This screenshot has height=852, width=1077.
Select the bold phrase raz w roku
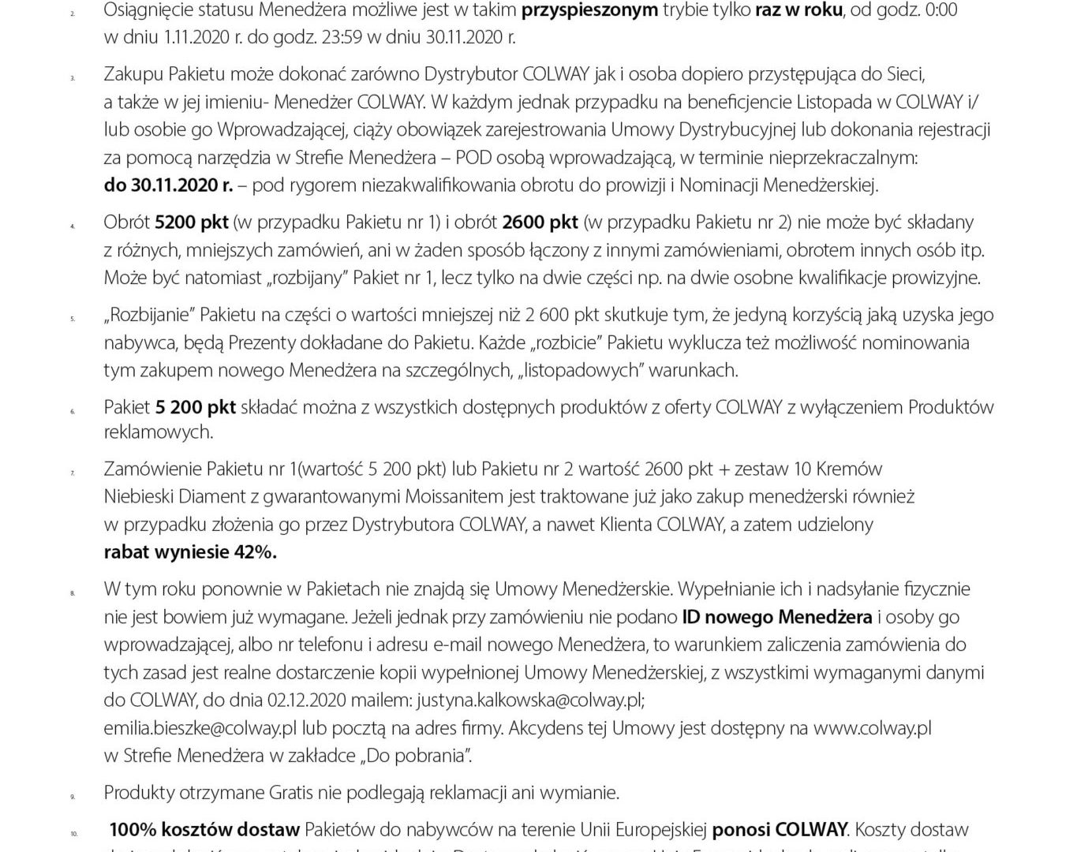(798, 10)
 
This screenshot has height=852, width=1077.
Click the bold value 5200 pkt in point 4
(192, 222)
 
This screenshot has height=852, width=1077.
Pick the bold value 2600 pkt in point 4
(540, 222)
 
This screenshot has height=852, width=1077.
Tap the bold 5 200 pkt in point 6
(196, 407)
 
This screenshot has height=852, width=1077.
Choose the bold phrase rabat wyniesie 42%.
(190, 551)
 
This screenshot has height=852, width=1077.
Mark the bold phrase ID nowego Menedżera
(776, 616)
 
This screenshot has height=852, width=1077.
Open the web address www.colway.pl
(872, 727)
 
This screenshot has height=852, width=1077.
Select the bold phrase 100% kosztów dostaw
(204, 829)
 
